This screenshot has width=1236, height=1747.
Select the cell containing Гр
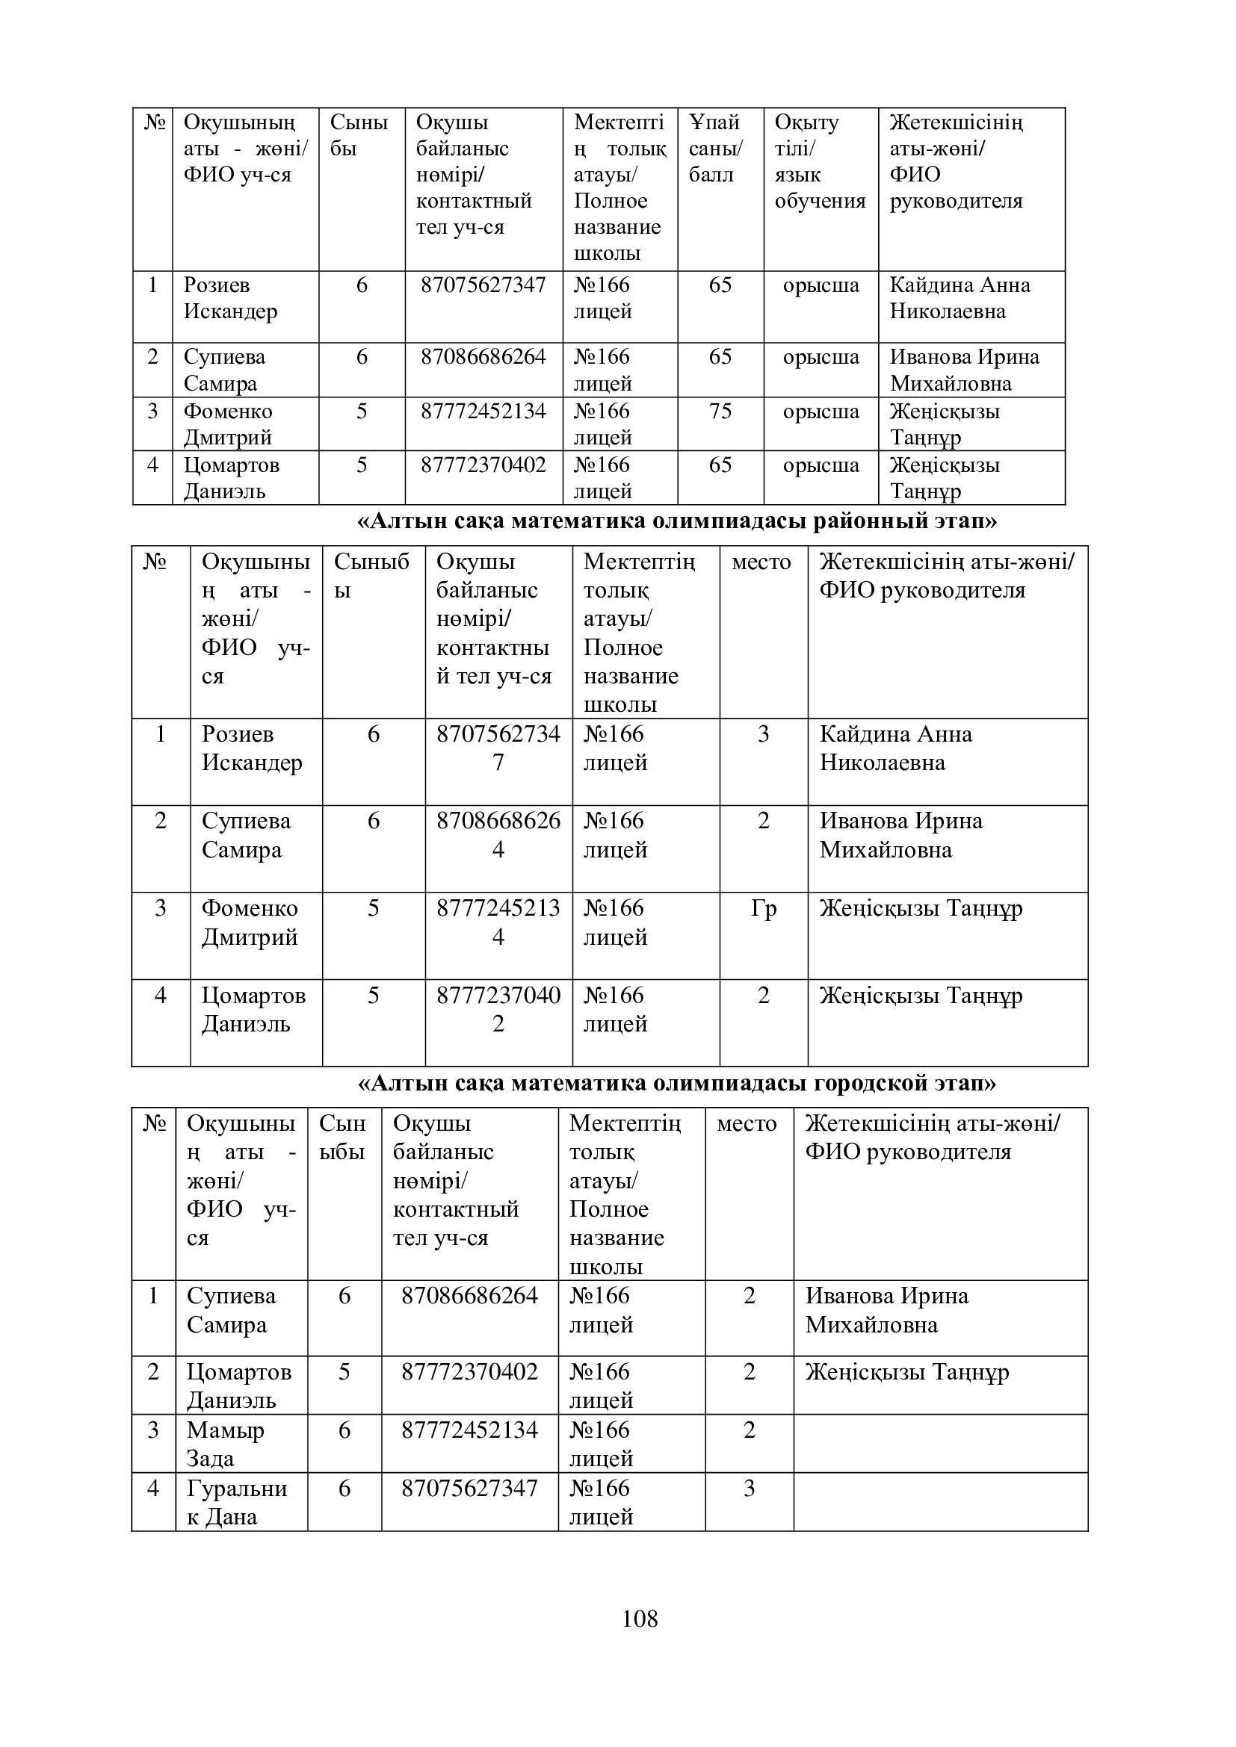(764, 908)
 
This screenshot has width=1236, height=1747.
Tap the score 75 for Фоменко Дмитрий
(720, 412)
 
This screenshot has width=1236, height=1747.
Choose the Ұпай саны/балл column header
(715, 149)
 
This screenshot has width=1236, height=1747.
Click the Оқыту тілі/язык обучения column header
(820, 161)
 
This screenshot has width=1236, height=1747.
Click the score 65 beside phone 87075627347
(720, 285)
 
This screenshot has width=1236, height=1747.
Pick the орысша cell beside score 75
(821, 412)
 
